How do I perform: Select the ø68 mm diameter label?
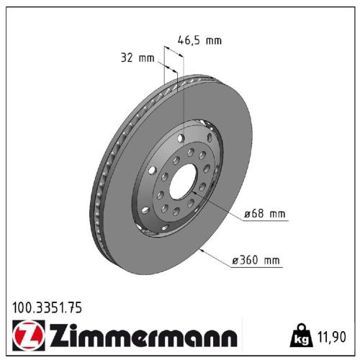(x=265, y=214)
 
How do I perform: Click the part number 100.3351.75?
(x=48, y=307)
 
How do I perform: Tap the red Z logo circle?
(x=24, y=336)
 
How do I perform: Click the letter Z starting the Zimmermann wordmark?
(x=57, y=336)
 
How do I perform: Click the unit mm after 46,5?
(x=213, y=40)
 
